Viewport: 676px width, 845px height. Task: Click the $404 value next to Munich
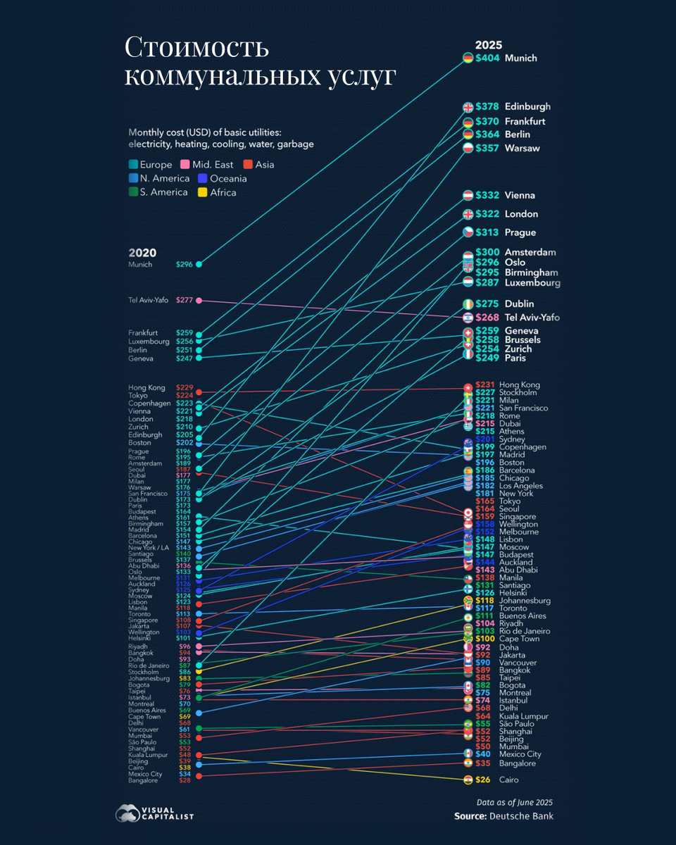click(487, 58)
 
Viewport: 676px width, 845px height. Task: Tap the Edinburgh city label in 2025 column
click(528, 107)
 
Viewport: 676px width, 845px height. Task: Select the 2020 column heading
click(142, 253)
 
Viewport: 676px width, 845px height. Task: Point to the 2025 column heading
click(488, 44)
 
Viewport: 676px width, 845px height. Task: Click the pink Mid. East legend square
click(185, 165)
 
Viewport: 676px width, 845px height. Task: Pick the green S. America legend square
click(133, 192)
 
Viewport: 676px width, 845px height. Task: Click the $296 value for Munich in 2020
click(184, 265)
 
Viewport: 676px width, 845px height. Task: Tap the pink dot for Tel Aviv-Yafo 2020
click(199, 301)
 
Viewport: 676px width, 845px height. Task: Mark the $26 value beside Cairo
click(482, 780)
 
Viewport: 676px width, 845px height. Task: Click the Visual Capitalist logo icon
click(127, 813)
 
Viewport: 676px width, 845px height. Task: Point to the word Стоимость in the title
click(197, 49)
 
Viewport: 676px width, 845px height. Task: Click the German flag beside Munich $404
click(468, 58)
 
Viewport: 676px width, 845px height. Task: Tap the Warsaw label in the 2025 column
click(522, 148)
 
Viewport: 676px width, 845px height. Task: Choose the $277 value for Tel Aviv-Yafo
click(184, 301)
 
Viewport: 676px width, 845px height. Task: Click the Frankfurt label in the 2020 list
click(143, 332)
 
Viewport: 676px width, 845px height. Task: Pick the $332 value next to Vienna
click(487, 195)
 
